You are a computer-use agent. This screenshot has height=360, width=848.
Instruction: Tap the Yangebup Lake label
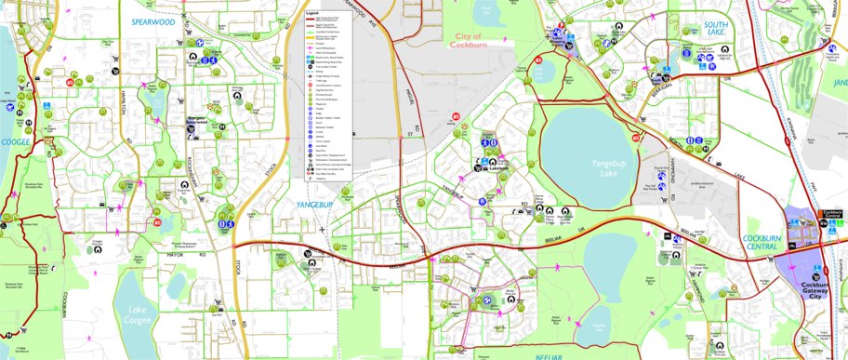click(x=609, y=168)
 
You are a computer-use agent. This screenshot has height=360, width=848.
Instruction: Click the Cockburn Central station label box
click(x=831, y=213)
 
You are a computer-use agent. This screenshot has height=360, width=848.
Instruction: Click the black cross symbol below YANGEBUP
click(x=322, y=228)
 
